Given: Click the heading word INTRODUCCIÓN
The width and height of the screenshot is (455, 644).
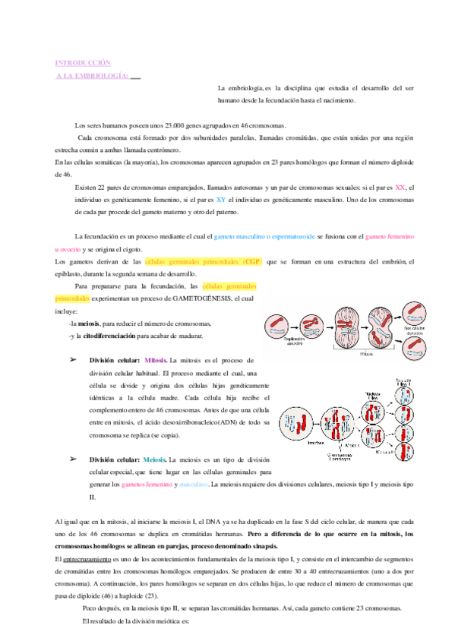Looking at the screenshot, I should click(83, 62).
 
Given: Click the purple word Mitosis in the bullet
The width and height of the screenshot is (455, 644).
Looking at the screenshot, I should click(155, 360).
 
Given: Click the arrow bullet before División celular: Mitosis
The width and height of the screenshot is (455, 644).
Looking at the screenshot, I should click(74, 359).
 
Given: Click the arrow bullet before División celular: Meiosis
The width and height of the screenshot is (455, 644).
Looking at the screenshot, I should click(74, 459).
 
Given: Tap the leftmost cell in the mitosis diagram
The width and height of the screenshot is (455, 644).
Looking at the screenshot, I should click(276, 325).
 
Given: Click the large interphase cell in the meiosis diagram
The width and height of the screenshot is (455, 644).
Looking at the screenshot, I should click(295, 422).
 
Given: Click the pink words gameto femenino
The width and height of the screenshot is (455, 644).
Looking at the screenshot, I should click(390, 237).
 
